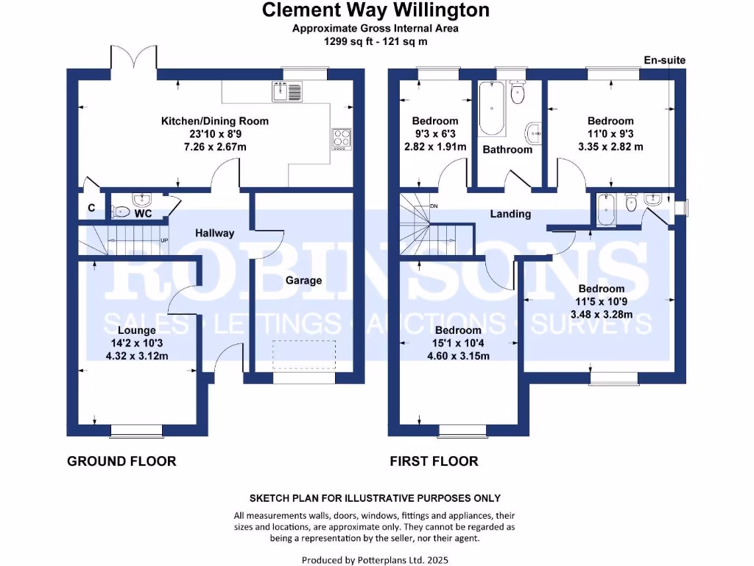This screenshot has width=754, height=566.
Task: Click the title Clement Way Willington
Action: coord(376,10)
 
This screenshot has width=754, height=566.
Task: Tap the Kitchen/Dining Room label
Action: coord(215,121)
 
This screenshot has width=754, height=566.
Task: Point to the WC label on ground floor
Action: coord(144,214)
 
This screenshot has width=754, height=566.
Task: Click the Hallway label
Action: coord(214,233)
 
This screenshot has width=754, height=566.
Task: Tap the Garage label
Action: coord(303,280)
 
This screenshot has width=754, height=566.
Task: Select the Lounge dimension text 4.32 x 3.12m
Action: coord(136,356)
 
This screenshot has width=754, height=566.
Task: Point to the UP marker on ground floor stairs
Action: coord(164,240)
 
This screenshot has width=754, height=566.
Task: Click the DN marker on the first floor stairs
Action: coord(434,206)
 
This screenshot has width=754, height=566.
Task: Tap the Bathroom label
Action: coord(507,150)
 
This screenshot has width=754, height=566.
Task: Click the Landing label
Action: coord(510,214)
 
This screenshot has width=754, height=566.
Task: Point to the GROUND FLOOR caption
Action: coord(121,461)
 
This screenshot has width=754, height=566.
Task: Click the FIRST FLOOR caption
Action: coord(434,461)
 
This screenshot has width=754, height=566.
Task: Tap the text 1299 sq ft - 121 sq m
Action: coord(376,41)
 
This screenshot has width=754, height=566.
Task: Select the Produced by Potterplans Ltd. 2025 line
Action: coord(375,559)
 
